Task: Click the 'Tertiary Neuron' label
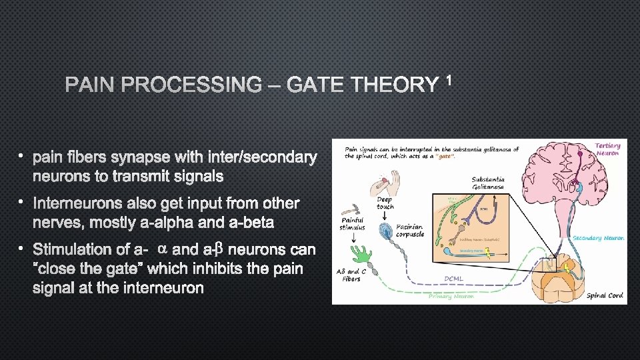point(607,149)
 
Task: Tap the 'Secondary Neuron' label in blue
point(598,238)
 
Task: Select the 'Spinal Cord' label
point(605,295)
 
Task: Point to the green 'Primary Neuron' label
point(451,296)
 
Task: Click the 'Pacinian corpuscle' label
point(409,230)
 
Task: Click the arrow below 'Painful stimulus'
point(352,237)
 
